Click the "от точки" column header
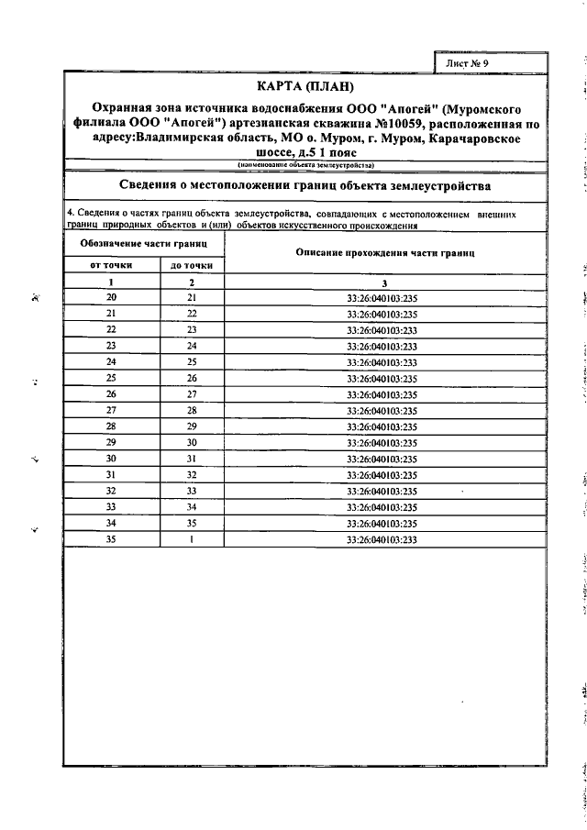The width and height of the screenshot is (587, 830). click(x=111, y=265)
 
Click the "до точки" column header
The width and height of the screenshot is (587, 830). click(x=191, y=265)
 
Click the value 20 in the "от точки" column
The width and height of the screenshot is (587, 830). click(x=111, y=298)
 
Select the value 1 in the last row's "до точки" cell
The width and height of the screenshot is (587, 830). click(x=191, y=539)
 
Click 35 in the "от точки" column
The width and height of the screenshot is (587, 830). click(x=111, y=539)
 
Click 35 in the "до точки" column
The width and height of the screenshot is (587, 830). click(x=191, y=523)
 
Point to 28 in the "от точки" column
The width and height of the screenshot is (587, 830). click(x=111, y=426)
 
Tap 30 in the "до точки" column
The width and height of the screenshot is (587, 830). click(x=191, y=443)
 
